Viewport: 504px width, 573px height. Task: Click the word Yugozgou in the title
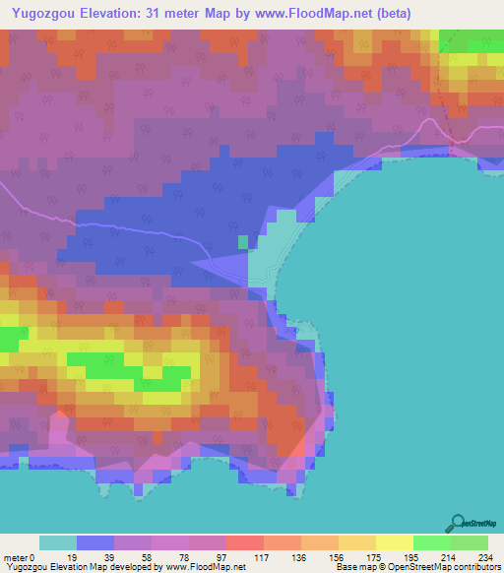click(46, 13)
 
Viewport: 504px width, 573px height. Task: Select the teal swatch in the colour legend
click(58, 542)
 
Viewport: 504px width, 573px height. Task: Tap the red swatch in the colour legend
click(245, 542)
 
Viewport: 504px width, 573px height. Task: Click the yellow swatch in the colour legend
click(395, 542)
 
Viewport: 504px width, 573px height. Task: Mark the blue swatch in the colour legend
click(95, 542)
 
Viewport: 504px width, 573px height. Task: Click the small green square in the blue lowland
click(243, 241)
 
